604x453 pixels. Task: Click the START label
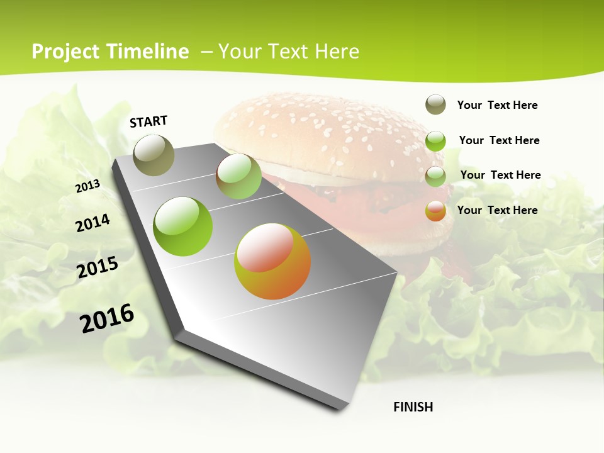coord(148,121)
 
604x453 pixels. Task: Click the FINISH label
coord(413,407)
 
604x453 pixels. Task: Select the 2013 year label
coord(87,186)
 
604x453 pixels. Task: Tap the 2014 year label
coord(92,223)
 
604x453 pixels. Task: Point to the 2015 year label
coord(98,267)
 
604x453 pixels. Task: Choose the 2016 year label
coord(107,318)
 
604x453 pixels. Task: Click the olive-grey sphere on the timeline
coord(154,155)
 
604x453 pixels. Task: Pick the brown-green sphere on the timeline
coord(238,176)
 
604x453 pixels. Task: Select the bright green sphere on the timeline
coord(183,226)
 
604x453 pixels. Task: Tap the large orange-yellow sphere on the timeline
coord(272,261)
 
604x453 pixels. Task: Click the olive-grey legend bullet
coord(435,104)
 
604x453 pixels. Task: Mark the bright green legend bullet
coord(435,141)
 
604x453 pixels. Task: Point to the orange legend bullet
coord(435,211)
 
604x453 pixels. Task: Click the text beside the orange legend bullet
coord(497,210)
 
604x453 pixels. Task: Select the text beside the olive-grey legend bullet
coord(497,105)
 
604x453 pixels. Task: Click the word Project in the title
coord(66,52)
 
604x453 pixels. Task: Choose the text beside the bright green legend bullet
coord(499,140)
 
